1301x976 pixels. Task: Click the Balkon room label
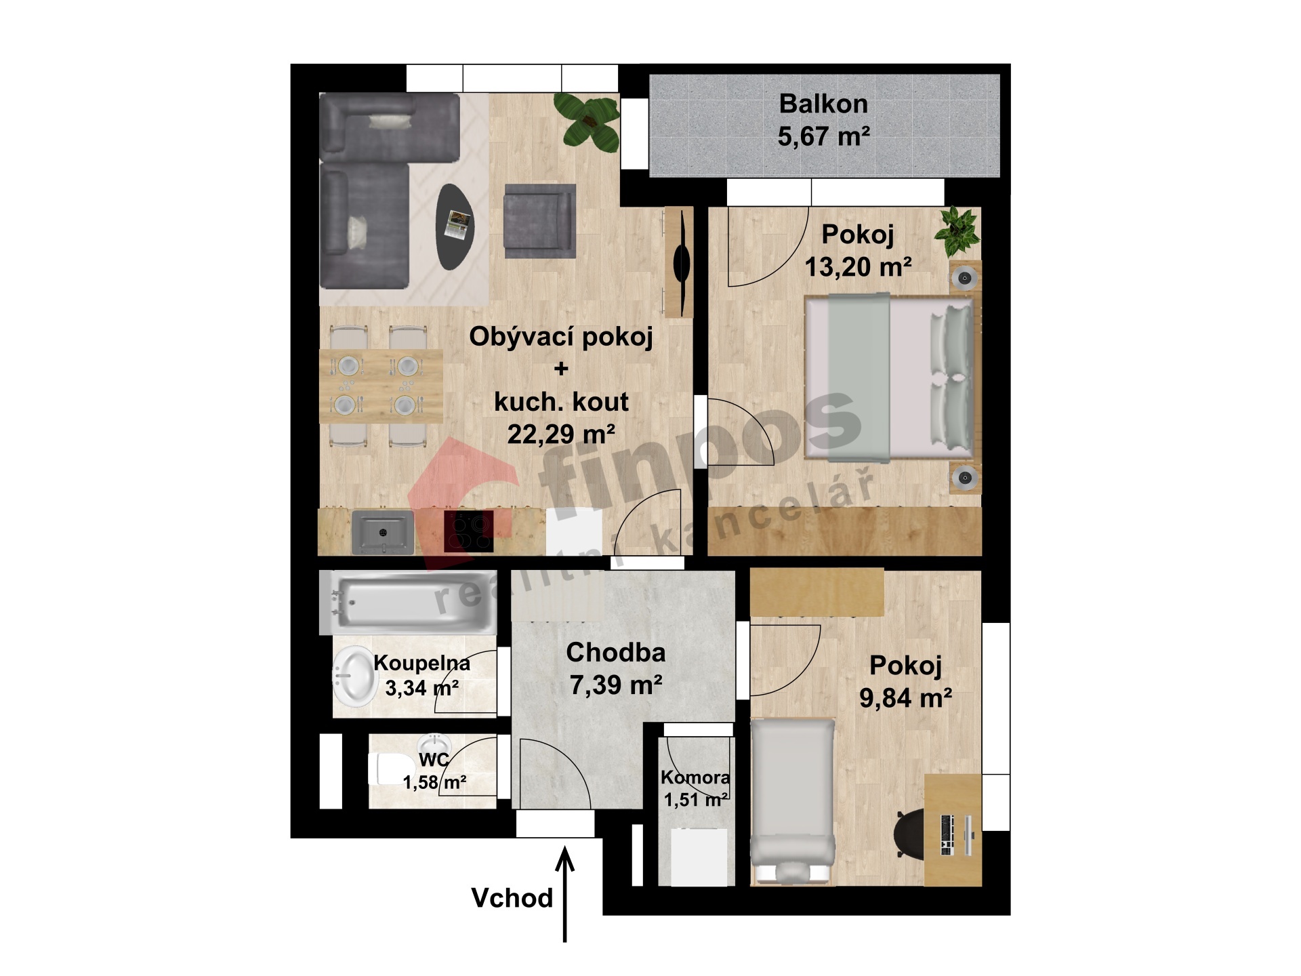[x=823, y=104]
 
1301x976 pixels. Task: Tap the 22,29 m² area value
[x=561, y=434]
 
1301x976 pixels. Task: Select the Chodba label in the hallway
[x=616, y=652]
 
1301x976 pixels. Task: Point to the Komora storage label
[x=696, y=777]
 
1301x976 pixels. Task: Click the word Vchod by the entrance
[x=512, y=898]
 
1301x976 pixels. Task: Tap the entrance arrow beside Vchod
[x=565, y=894]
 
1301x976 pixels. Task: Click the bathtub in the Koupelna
[x=409, y=603]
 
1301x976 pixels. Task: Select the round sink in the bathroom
[x=354, y=676]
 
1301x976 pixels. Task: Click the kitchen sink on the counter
[x=383, y=532]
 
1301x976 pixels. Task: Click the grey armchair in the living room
[x=540, y=221]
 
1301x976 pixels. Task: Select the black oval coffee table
[x=455, y=227]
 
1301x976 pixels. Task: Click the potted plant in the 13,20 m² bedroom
[x=956, y=231]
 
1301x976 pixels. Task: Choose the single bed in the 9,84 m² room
[x=793, y=802]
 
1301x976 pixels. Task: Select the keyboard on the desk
[x=947, y=835]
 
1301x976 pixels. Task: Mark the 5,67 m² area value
[x=823, y=137]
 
